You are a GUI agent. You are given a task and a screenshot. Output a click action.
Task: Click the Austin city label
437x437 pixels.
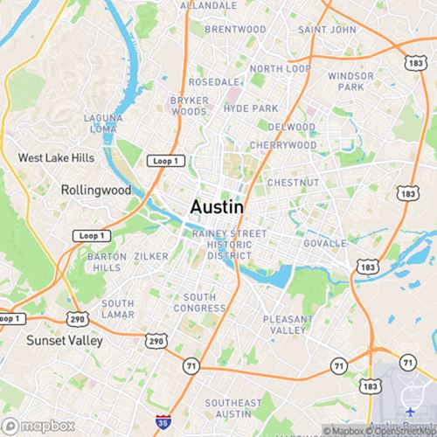[x=217, y=208]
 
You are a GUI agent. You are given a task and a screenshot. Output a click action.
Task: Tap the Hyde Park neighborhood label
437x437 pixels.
[x=251, y=108]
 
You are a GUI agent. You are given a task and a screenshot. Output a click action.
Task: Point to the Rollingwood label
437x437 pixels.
[x=96, y=190]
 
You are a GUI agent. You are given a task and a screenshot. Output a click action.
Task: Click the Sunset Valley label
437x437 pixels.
[x=64, y=340]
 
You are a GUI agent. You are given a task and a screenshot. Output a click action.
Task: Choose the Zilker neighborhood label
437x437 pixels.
[x=152, y=256]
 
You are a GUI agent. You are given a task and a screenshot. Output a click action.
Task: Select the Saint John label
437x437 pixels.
[x=326, y=29]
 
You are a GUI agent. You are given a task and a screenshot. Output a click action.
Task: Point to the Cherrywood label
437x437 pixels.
[x=282, y=145]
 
